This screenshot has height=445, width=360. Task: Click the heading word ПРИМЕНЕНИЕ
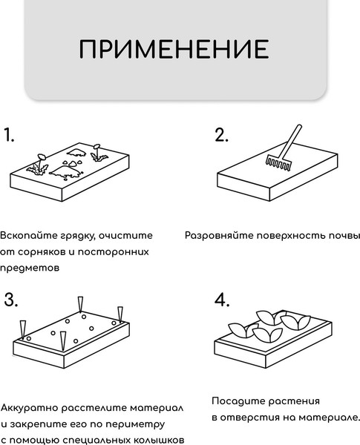click(x=174, y=49)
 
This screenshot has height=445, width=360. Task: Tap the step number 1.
click(x=9, y=135)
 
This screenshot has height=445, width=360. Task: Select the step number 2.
click(x=221, y=135)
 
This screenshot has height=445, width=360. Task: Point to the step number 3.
click(x=10, y=300)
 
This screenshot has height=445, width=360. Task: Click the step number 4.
click(x=221, y=300)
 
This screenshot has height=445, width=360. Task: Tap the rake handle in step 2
click(x=291, y=139)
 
